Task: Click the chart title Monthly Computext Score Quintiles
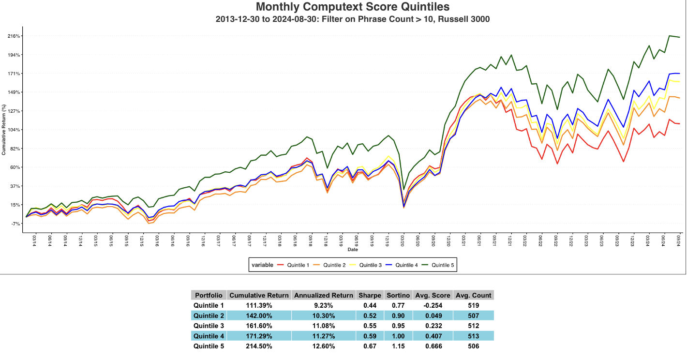click(x=353, y=7)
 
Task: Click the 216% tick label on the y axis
click(x=14, y=36)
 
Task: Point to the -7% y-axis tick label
click(x=15, y=224)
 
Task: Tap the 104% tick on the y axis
click(x=14, y=130)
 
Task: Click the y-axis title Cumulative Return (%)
click(x=4, y=130)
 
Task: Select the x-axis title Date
click(x=353, y=250)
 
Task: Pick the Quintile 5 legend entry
click(x=441, y=265)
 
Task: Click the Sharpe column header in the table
click(x=369, y=295)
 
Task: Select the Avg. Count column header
click(x=474, y=295)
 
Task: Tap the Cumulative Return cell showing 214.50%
click(x=259, y=346)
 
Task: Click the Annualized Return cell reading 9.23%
click(x=324, y=305)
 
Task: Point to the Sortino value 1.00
click(x=398, y=336)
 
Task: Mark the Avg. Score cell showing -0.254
click(x=433, y=305)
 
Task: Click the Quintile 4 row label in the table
click(x=209, y=336)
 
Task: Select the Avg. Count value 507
click(x=474, y=315)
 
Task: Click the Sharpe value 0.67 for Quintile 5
click(x=369, y=346)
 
